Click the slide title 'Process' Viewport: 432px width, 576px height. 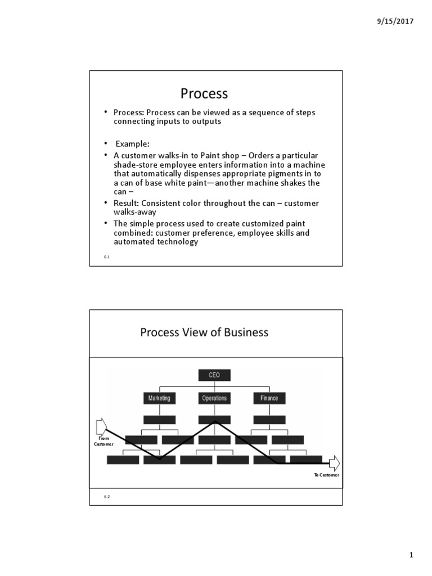(204, 93)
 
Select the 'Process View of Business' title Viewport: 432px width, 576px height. (204, 332)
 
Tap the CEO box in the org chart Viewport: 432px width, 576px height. (214, 375)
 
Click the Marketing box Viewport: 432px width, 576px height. (159, 398)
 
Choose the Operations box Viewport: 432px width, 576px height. (214, 398)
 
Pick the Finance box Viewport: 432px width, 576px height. (269, 398)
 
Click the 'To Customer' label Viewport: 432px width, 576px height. (326, 475)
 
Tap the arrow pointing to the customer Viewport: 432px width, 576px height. (334, 463)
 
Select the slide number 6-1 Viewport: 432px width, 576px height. (106, 256)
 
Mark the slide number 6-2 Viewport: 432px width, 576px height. (106, 497)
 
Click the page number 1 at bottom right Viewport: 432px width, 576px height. (411, 556)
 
